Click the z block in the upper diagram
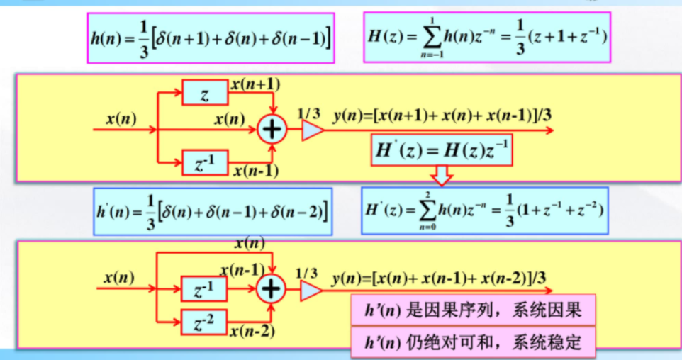(205, 92)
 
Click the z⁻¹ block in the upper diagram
(205, 163)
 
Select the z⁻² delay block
(205, 322)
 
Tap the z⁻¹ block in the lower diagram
(205, 289)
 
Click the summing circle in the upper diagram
(272, 130)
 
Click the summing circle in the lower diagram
(272, 288)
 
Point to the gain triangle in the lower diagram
(311, 289)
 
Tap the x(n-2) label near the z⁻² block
(253, 330)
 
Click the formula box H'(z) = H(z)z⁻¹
(441, 150)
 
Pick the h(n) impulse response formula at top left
(211, 38)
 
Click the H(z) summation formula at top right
(487, 37)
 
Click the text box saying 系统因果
(473, 310)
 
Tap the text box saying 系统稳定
(473, 344)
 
